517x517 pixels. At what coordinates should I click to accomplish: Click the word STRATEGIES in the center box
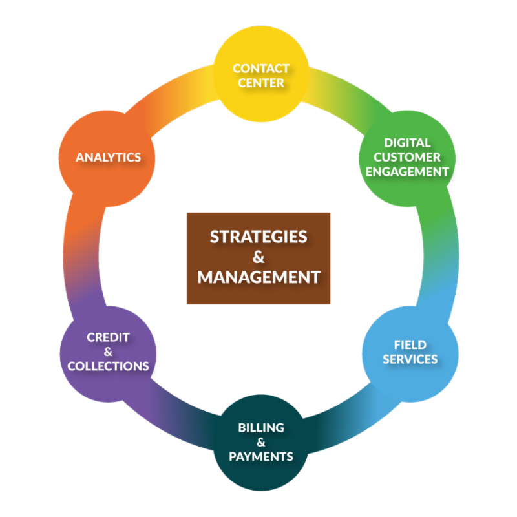point(258,237)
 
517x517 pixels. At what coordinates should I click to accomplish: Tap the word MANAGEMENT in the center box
point(258,277)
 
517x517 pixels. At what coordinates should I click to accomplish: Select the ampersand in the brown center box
point(258,257)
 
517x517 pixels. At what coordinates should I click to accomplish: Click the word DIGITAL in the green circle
point(407,142)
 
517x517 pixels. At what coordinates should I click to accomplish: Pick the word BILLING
point(261,428)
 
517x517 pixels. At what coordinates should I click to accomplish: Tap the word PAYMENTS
point(261,457)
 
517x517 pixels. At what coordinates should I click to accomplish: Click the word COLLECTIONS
point(108,366)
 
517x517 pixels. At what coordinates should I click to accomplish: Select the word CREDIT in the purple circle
point(108,337)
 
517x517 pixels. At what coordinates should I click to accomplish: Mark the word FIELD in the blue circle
point(410,344)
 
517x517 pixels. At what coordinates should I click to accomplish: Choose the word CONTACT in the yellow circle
point(260,69)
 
